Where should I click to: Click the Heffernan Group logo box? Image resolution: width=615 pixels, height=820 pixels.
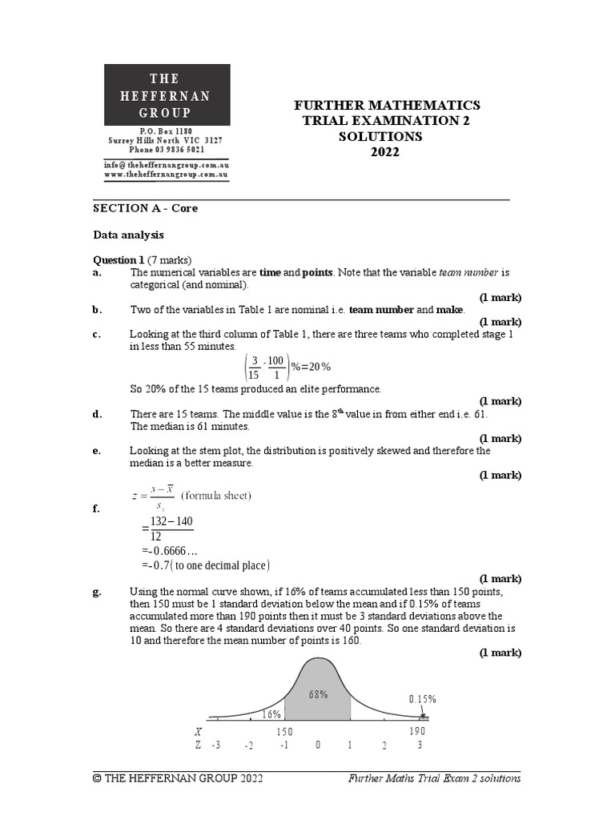(x=167, y=95)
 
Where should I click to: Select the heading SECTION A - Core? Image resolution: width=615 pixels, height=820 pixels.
(x=145, y=208)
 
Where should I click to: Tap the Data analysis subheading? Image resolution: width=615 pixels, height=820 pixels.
(x=128, y=235)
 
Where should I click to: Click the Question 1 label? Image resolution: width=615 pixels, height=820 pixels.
(x=119, y=259)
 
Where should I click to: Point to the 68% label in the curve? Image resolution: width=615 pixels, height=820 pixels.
(x=318, y=694)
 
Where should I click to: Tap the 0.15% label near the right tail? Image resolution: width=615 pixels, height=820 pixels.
(x=422, y=698)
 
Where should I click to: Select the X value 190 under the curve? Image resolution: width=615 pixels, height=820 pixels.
(x=417, y=731)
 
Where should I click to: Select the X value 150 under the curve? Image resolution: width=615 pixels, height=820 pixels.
(x=284, y=731)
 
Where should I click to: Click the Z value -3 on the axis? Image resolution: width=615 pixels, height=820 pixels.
(x=215, y=745)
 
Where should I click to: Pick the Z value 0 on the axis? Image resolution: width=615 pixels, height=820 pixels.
(x=318, y=745)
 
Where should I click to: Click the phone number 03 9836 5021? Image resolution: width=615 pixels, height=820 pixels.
(x=166, y=149)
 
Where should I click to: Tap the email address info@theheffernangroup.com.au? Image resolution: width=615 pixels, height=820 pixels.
(x=166, y=164)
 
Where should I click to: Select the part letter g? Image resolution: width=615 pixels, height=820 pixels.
(x=97, y=592)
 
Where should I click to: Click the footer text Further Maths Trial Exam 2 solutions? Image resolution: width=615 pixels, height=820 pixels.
(x=434, y=778)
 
